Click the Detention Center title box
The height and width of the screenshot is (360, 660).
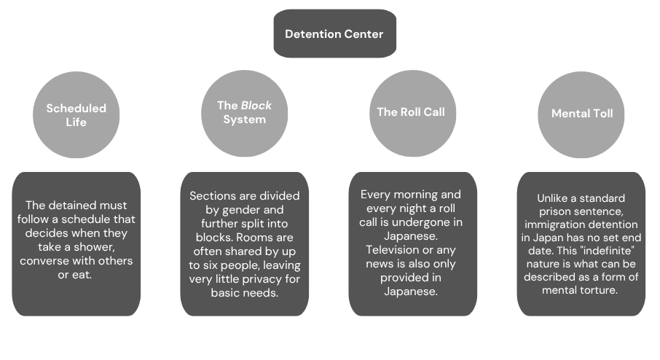coord(334,34)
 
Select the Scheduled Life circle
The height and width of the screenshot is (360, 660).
coord(76,114)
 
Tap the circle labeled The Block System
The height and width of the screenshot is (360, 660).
coord(245,111)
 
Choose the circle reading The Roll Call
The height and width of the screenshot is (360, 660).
coord(410,112)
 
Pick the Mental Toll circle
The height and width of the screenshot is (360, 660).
coord(582,114)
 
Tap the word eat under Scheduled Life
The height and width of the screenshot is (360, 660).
coord(85,275)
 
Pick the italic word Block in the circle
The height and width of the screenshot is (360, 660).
coord(256,105)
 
